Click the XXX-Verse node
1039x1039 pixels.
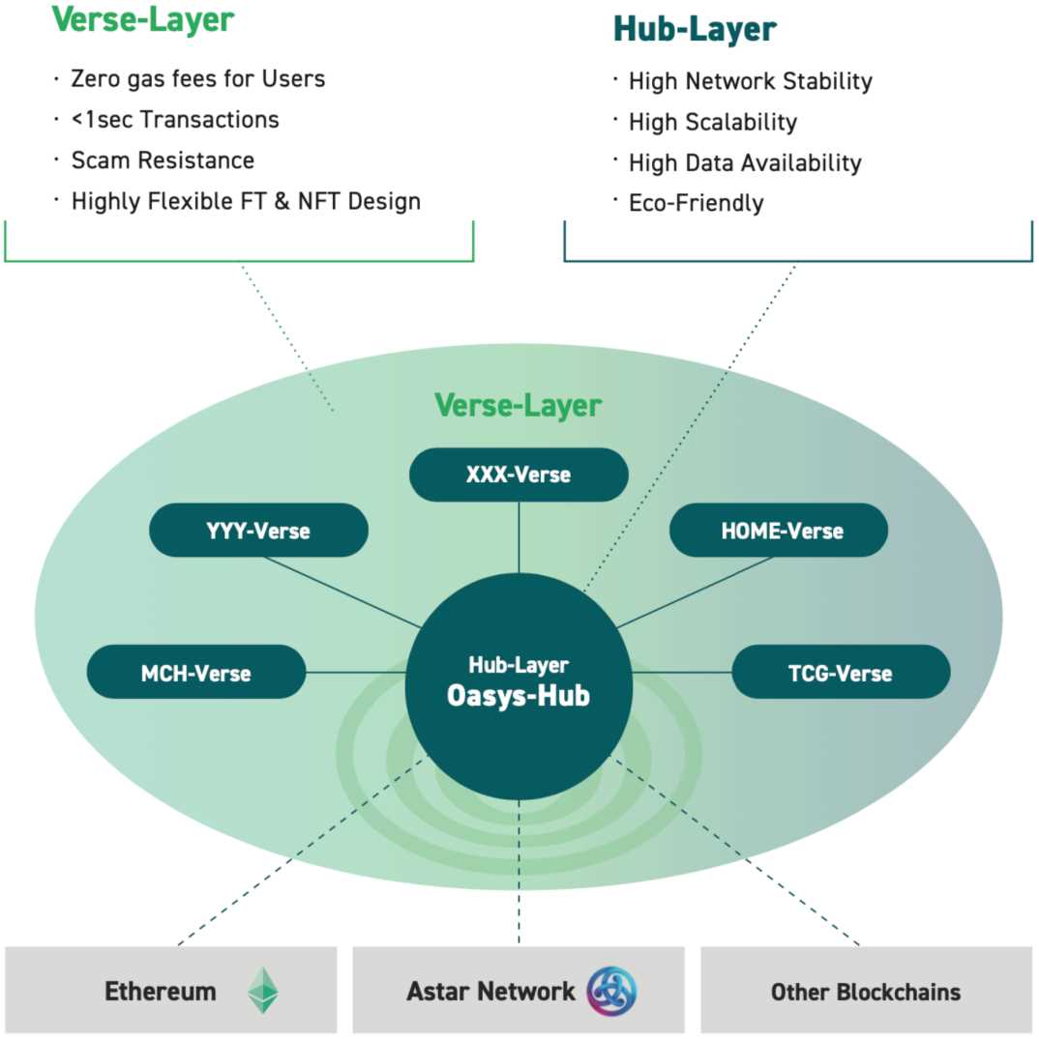(519, 475)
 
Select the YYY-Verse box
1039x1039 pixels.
(258, 530)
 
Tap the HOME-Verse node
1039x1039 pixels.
(778, 530)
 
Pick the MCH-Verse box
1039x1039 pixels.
(196, 673)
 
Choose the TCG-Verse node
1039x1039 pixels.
(841, 673)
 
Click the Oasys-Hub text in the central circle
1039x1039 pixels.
(519, 696)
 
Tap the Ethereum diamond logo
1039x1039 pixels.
(262, 991)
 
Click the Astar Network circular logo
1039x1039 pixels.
(611, 991)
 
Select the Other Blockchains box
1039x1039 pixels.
(866, 991)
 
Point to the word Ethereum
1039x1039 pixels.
(161, 991)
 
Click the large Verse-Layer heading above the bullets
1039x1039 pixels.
(143, 19)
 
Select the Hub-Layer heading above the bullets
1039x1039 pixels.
(695, 30)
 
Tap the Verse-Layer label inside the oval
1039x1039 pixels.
(518, 405)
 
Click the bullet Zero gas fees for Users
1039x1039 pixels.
(197, 78)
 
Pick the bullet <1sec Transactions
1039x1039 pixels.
(175, 120)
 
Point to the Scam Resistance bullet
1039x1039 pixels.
(163, 160)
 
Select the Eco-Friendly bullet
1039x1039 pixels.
(696, 203)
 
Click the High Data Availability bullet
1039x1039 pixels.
(744, 162)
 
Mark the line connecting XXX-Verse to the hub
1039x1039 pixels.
(519, 536)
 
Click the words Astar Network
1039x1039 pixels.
(490, 991)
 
